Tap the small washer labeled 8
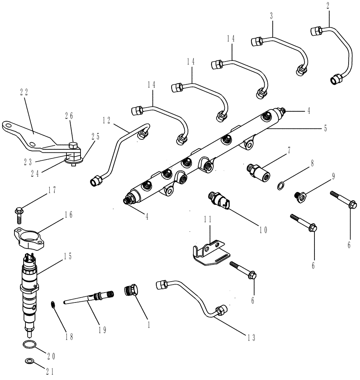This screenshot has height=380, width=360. pyautogui.click(x=280, y=185)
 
